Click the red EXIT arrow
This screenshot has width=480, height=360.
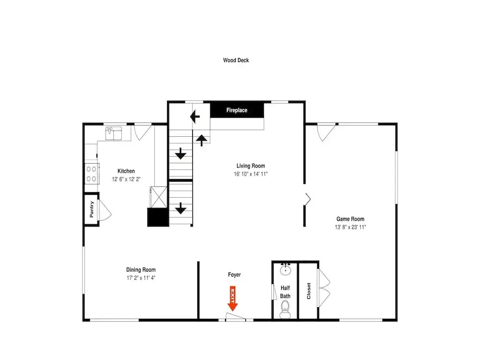pyautogui.click(x=233, y=299)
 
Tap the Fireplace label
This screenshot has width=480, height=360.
pyautogui.click(x=237, y=110)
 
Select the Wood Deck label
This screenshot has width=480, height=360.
pyautogui.click(x=236, y=60)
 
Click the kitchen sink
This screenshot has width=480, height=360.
pyautogui.click(x=114, y=133)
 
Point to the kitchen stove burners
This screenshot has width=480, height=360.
pyautogui.click(x=92, y=174)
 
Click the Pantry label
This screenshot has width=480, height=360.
pyautogui.click(x=92, y=209)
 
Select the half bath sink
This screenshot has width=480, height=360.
pyautogui.click(x=285, y=269)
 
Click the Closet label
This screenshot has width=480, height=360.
pyautogui.click(x=309, y=291)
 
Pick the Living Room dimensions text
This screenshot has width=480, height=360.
pyautogui.click(x=251, y=174)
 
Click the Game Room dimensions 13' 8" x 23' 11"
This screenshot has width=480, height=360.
pyautogui.click(x=350, y=227)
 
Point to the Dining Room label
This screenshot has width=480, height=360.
pyautogui.click(x=141, y=270)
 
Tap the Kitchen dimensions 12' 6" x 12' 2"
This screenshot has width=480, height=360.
pyautogui.click(x=126, y=179)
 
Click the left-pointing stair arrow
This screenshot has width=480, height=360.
pyautogui.click(x=195, y=117)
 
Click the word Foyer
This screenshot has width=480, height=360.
pyautogui.click(x=234, y=275)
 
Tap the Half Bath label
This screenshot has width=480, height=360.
pyautogui.click(x=285, y=292)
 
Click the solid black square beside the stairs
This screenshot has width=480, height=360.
pyautogui.click(x=158, y=217)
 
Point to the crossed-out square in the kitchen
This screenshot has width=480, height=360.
pyautogui.click(x=158, y=197)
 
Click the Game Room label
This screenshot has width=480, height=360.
pyautogui.click(x=350, y=219)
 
